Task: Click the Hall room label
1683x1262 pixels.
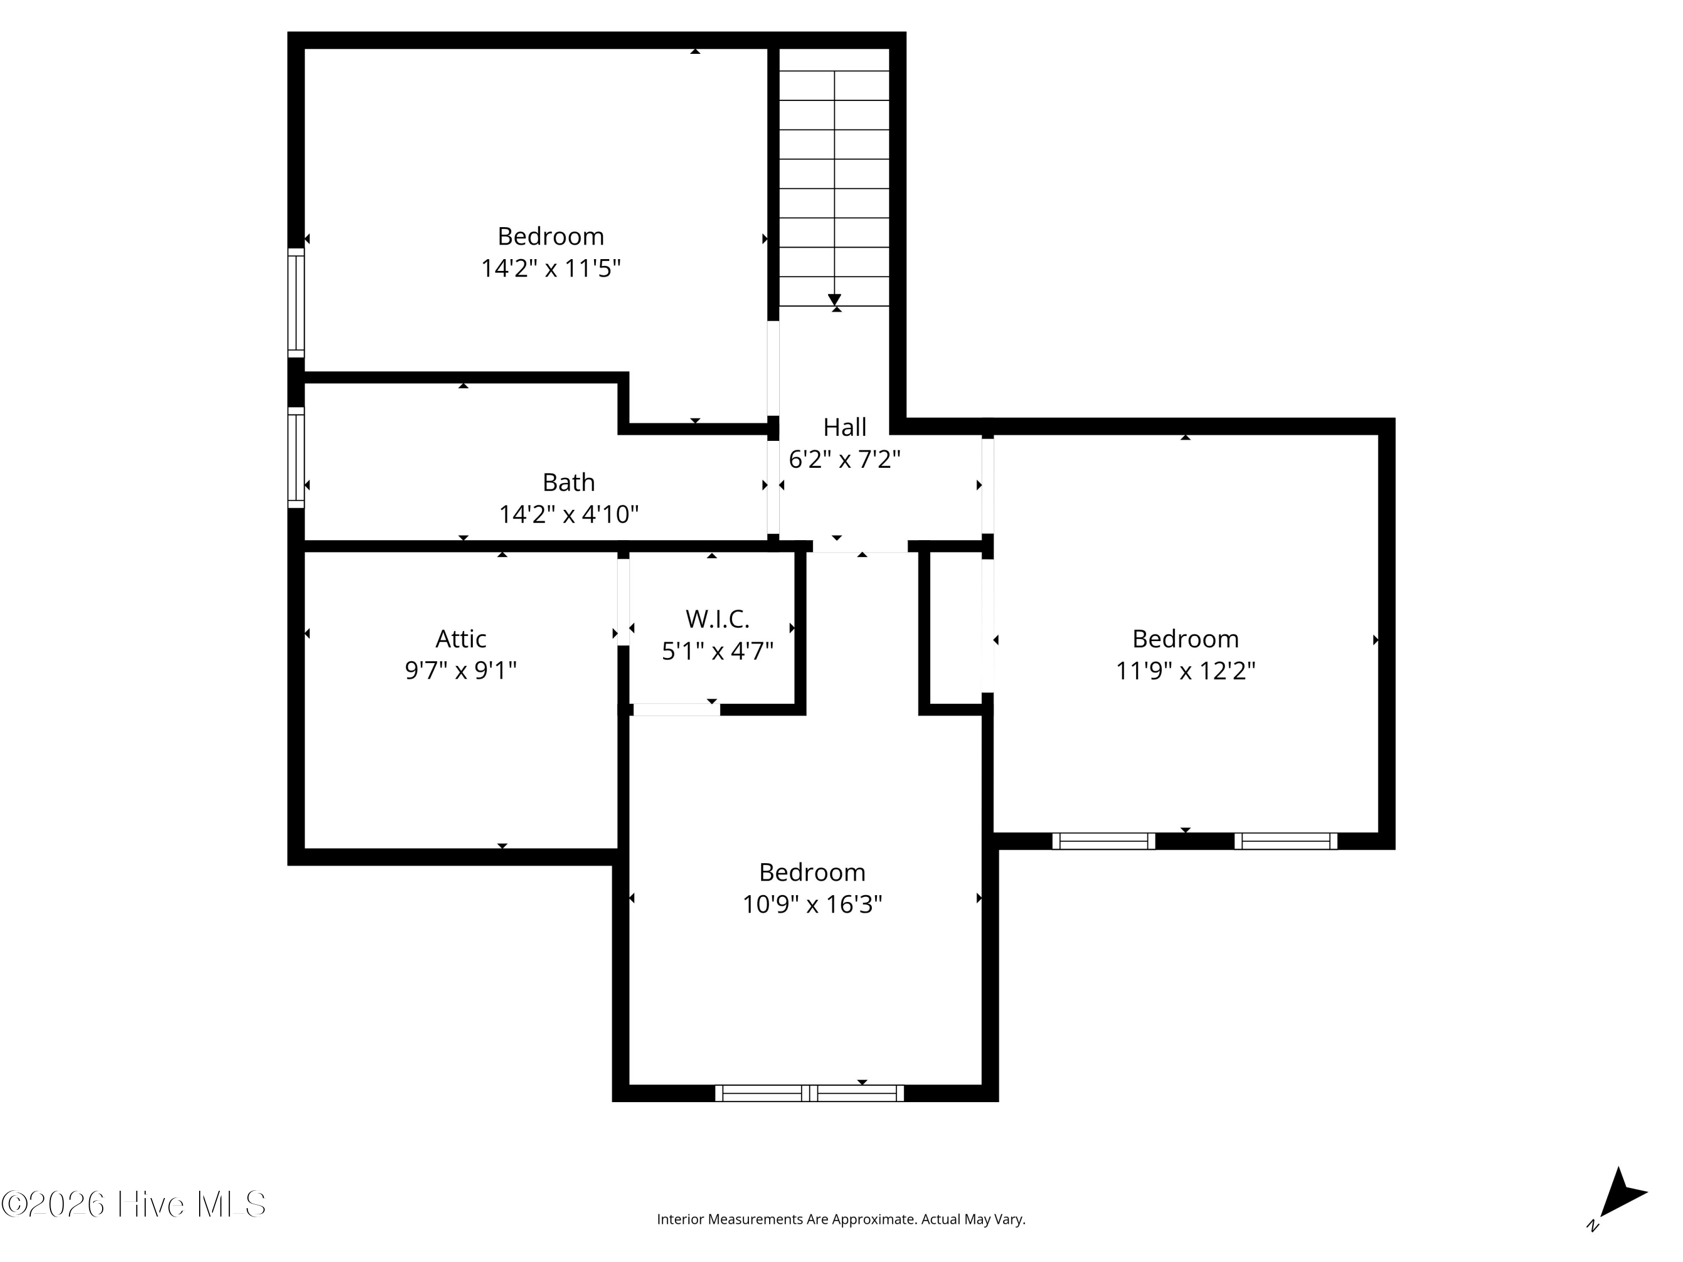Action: [x=844, y=427]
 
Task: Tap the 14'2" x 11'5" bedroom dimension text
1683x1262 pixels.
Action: [x=551, y=269]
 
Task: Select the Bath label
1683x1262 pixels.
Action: [x=568, y=482]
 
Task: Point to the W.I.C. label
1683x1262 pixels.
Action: [x=718, y=619]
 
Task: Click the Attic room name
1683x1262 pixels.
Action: [x=461, y=638]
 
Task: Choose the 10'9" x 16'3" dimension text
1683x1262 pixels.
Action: [x=812, y=905]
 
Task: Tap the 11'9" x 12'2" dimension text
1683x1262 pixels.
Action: [x=1185, y=671]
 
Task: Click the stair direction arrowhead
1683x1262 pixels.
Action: [x=835, y=299]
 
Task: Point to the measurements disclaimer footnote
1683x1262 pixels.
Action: [x=841, y=1219]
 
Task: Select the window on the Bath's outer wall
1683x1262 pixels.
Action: [x=296, y=458]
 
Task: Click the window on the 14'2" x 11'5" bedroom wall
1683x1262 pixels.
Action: [x=296, y=302]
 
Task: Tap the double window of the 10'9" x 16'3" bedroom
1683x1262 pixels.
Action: [x=810, y=1093]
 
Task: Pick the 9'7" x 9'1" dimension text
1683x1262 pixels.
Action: [x=461, y=671]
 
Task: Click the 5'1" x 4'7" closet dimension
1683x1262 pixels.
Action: [x=718, y=652]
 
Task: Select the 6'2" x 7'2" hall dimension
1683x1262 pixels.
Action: [x=844, y=459]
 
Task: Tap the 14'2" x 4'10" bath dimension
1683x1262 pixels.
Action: [x=568, y=515]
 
